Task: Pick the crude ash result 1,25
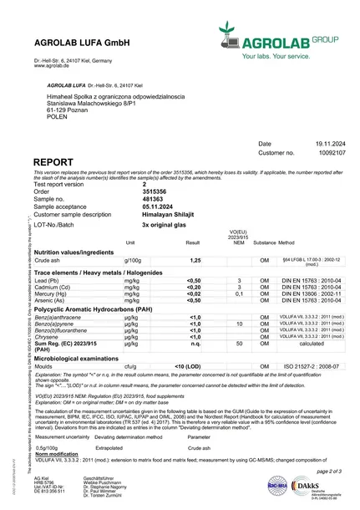(193, 262)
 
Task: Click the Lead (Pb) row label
(51, 281)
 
